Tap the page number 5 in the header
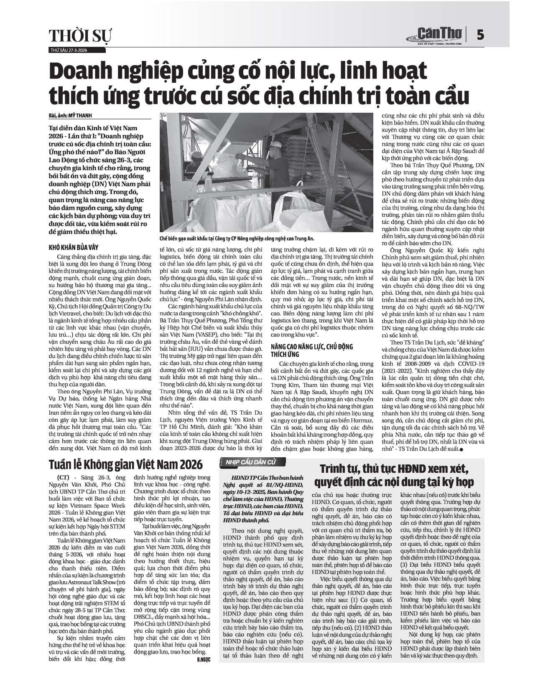tap(480, 35)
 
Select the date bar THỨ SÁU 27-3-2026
tap(69, 50)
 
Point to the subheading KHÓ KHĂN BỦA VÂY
tap(74, 247)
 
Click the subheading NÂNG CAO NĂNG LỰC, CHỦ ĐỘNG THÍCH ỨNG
tap(311, 350)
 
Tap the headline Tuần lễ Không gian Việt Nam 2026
tap(125, 464)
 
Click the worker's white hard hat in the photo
tap(275, 144)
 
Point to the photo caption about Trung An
tap(237, 238)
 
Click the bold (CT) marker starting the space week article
tap(61, 478)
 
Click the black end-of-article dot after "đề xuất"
tap(462, 449)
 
